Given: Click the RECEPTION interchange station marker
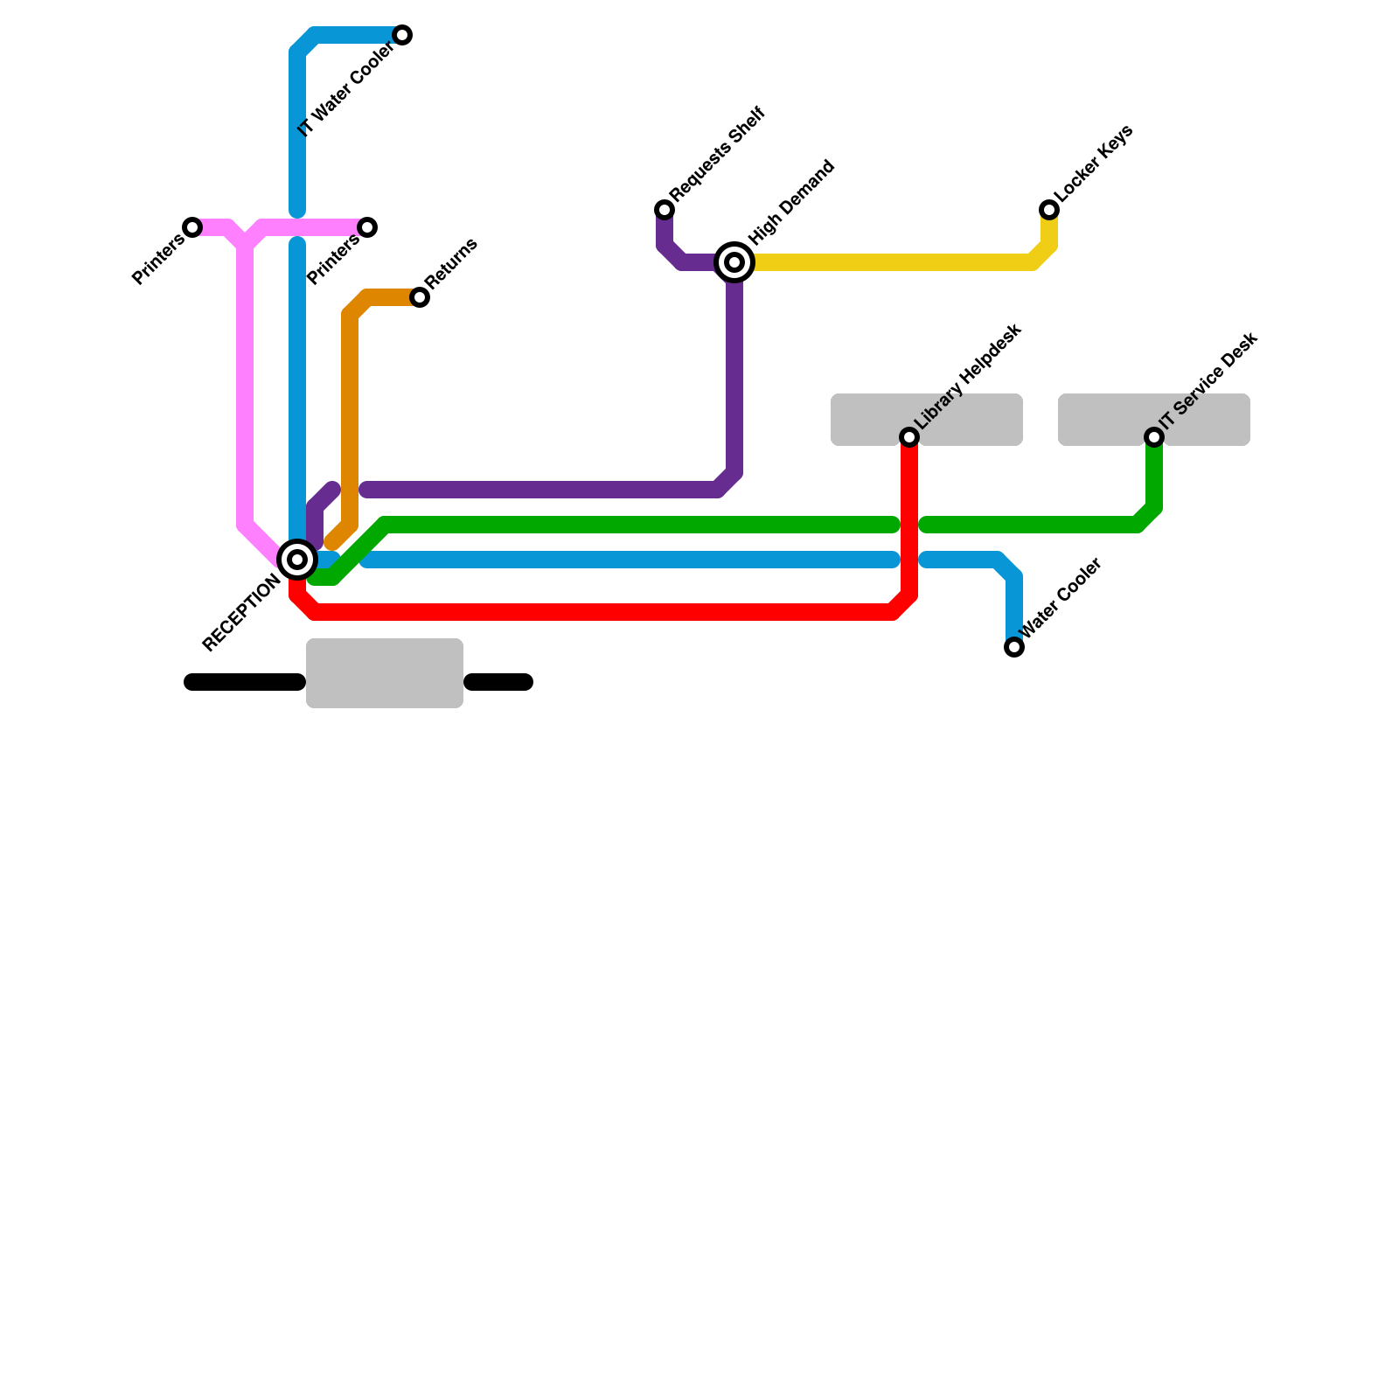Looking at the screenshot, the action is [297, 560].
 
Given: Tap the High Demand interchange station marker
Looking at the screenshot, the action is [734, 262].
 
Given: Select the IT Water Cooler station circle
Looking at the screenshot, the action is [402, 35].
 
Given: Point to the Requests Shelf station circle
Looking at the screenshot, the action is [665, 210].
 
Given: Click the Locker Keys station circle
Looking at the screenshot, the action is [1049, 210].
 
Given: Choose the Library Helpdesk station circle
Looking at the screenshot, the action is [909, 437].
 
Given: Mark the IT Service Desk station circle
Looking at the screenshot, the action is [1154, 437].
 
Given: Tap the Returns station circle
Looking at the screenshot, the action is [420, 297].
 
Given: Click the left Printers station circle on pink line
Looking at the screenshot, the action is [192, 227].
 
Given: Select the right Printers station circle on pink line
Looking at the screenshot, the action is [368, 227].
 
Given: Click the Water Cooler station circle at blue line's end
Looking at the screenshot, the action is [1014, 647].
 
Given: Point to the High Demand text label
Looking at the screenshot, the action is [792, 203].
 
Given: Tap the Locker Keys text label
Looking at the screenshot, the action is [1093, 163].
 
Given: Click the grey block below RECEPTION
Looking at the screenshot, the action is [385, 673].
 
